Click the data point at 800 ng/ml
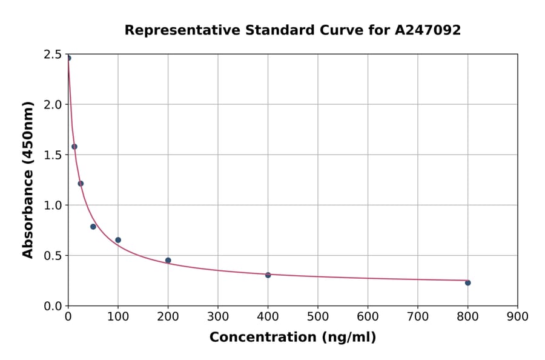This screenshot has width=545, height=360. [x=467, y=282]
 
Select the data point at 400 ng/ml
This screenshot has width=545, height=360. [x=268, y=275]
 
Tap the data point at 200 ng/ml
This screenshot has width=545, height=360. [x=168, y=261]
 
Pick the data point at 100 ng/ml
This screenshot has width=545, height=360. [x=118, y=240]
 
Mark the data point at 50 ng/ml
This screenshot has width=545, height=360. [x=93, y=227]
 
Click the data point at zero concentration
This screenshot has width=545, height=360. [x=68, y=58]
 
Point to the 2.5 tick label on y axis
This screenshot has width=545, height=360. [x=53, y=55]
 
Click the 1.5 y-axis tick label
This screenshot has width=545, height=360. [x=53, y=155]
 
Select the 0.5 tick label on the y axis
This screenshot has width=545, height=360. [x=53, y=256]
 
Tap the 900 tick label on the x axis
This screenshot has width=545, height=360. [x=517, y=316]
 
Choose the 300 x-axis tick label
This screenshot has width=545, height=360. [x=218, y=316]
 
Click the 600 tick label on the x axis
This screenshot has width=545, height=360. [x=368, y=316]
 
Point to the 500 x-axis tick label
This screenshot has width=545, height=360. [x=318, y=316]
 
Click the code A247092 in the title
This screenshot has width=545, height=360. [x=428, y=30]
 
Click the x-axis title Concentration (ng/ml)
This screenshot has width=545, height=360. [x=292, y=338]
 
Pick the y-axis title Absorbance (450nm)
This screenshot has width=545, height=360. [x=28, y=180]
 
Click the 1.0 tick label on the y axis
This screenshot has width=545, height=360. [x=53, y=205]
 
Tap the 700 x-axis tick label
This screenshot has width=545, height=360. [x=417, y=316]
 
